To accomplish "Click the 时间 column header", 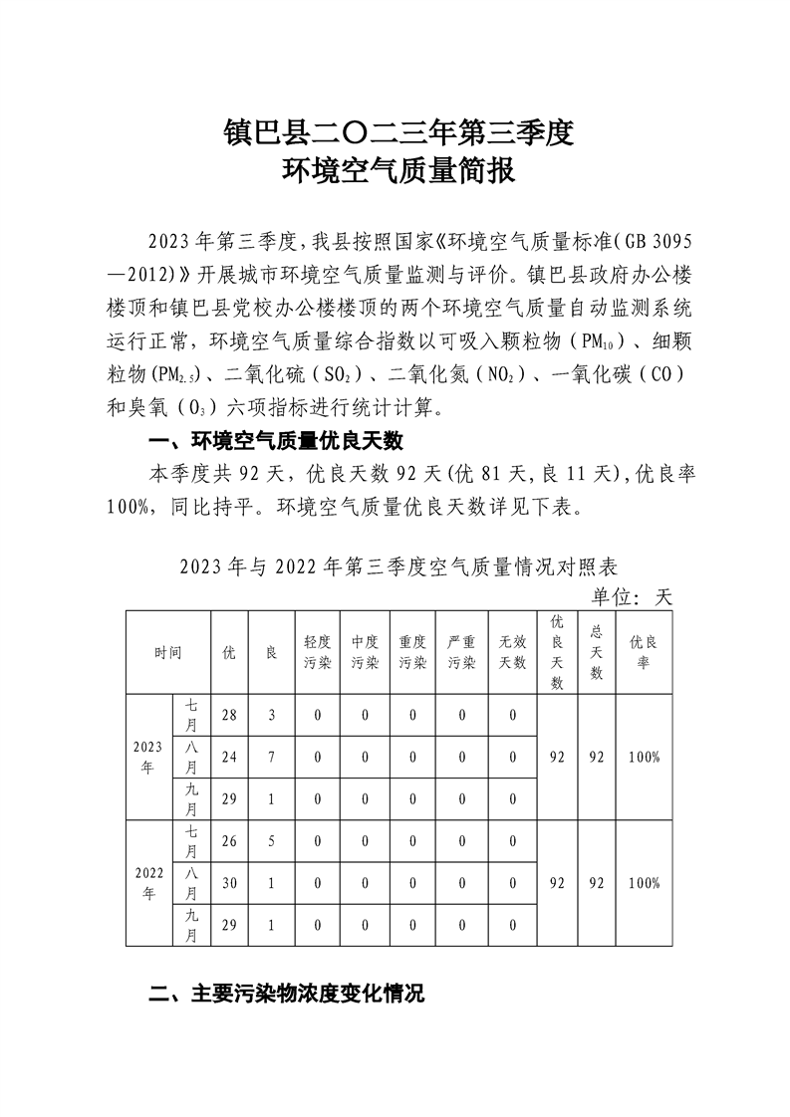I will click(x=167, y=653).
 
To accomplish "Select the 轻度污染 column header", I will click(x=318, y=653).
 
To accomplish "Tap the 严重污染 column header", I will click(x=462, y=653).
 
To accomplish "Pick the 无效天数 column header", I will click(x=512, y=653).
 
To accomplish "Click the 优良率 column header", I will click(x=644, y=653).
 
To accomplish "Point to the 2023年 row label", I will click(x=148, y=757).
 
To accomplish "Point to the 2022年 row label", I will click(x=148, y=883).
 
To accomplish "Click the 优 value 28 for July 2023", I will click(x=229, y=715).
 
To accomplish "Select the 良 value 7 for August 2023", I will click(x=269, y=757).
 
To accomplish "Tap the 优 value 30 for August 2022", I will click(x=229, y=883).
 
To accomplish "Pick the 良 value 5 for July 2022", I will click(x=269, y=841).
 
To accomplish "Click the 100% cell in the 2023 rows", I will click(x=644, y=757).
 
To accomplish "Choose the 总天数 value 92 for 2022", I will click(x=597, y=883).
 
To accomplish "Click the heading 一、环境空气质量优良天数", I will click(x=274, y=441).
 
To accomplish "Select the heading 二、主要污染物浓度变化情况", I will click(x=286, y=993).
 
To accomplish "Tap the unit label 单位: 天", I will click(x=633, y=597).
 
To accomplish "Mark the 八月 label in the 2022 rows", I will click(x=191, y=883).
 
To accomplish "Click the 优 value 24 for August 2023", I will click(x=229, y=757).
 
